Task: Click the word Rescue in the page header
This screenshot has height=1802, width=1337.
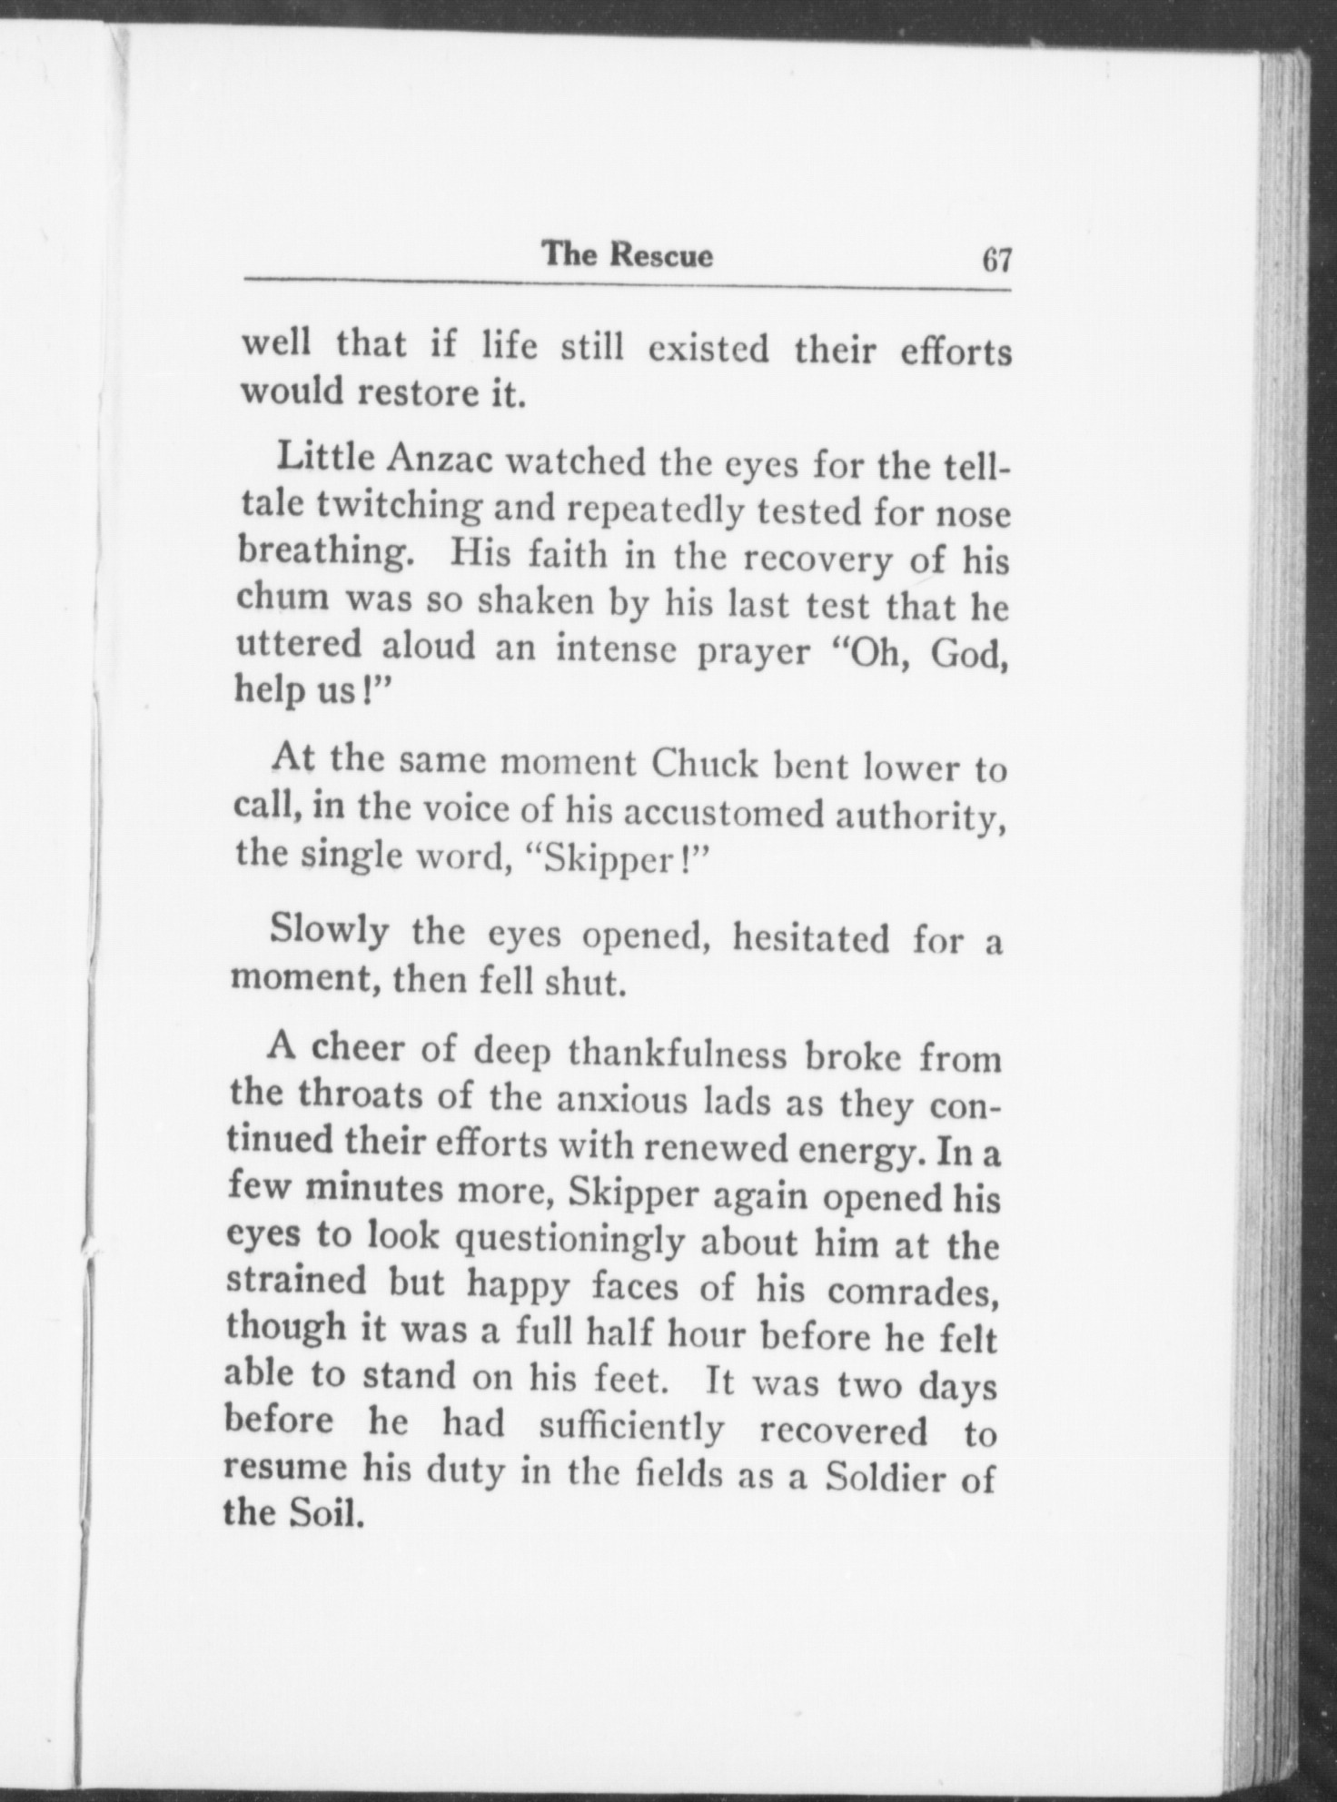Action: coord(660,255)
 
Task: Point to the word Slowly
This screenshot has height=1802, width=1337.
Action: coord(330,931)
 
